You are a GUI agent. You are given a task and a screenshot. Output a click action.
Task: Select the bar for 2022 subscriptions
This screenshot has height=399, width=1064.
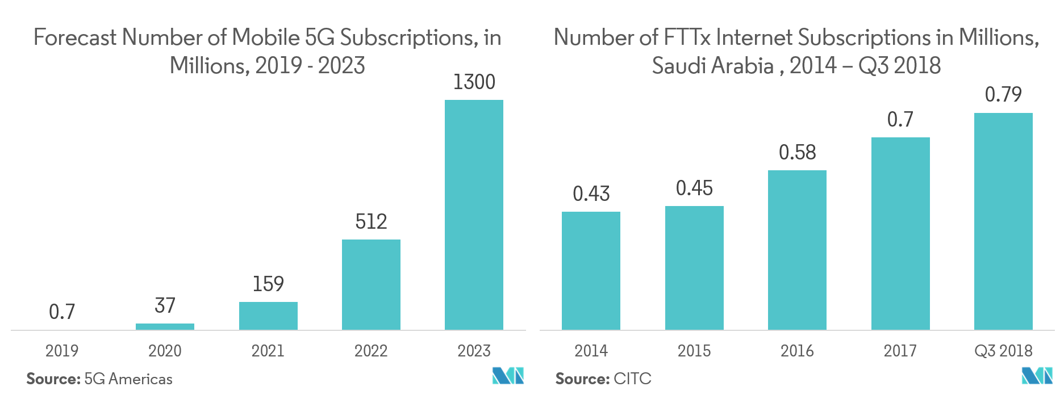coord(371,284)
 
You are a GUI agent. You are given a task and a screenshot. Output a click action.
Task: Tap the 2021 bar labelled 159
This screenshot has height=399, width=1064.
coord(268,316)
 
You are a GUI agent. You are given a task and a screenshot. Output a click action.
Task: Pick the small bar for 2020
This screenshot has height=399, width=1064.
coord(165,326)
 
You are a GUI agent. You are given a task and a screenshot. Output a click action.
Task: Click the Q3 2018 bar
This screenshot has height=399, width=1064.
coord(1003,221)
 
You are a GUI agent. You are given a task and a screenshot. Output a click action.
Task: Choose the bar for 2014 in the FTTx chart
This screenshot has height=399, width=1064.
coord(591,271)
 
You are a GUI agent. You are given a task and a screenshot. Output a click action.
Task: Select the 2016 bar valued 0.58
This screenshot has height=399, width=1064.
coord(797,250)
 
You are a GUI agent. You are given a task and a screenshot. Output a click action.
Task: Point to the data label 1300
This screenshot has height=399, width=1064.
coord(474,83)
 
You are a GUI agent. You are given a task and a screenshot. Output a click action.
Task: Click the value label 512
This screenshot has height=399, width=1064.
coord(371,221)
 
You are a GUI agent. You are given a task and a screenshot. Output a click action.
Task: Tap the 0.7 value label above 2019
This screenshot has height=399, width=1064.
coord(62,312)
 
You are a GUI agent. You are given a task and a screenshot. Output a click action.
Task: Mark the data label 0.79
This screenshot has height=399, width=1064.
coord(1003,94)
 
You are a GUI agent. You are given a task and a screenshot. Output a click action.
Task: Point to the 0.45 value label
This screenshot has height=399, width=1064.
coord(694,188)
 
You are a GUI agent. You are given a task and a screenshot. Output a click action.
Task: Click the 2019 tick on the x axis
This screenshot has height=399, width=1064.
coord(62,351)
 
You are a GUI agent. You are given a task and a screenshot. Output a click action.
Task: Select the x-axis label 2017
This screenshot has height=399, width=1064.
coord(900,351)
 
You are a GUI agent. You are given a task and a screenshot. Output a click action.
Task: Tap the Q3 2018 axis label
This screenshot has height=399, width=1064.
coord(1003,351)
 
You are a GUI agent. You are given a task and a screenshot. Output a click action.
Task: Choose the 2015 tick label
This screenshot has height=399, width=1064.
coord(694,351)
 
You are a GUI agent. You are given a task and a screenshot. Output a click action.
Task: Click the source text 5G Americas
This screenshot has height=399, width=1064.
coord(128,379)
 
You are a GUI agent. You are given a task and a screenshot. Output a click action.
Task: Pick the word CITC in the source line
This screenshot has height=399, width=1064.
coord(632,379)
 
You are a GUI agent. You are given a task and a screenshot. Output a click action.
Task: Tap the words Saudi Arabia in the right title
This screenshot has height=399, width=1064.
coord(712,66)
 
